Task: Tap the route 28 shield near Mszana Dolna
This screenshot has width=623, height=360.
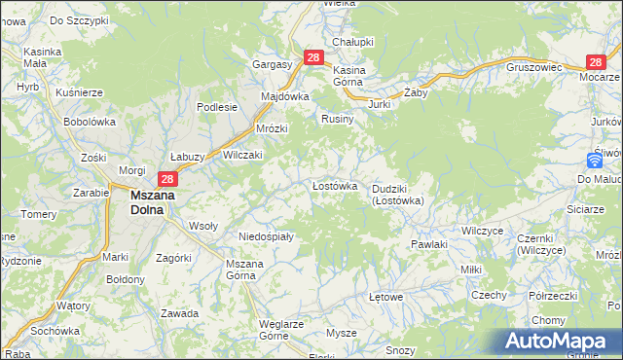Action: [x=167, y=179]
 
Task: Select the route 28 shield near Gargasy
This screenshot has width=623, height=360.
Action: [x=312, y=58]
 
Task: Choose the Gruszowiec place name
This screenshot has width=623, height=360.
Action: [x=534, y=68]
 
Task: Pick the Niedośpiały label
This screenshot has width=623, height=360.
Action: [x=266, y=236]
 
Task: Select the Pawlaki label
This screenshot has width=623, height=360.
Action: [x=428, y=244]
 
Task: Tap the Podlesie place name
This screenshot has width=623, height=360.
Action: [x=217, y=108]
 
